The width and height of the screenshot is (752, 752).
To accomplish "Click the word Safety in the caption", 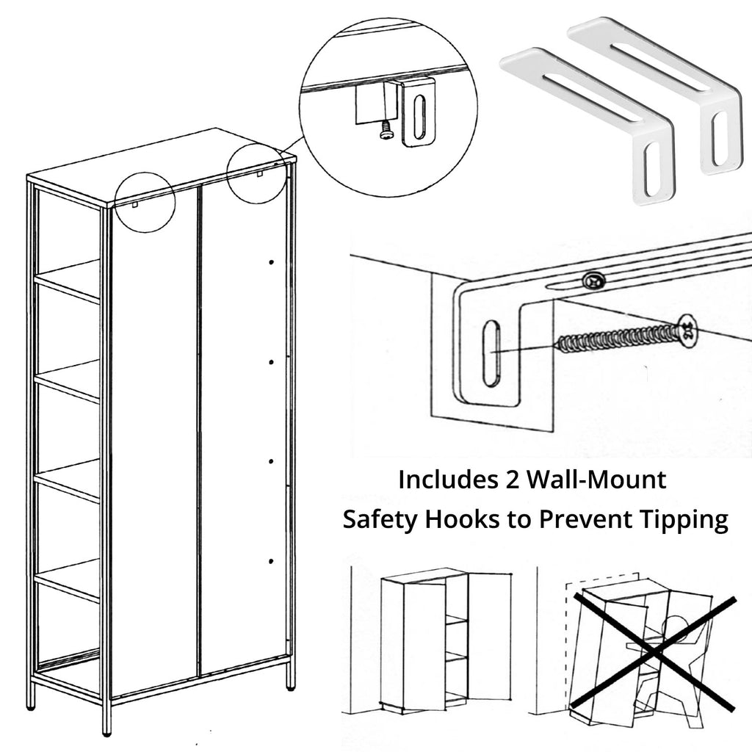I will [379, 520].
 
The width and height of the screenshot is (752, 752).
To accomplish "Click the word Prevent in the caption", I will [579, 520].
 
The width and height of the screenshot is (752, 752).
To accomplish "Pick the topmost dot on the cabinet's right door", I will [272, 262].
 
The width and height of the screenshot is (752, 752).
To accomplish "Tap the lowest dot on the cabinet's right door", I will [271, 561].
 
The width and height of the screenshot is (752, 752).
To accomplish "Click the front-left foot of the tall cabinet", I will [107, 728].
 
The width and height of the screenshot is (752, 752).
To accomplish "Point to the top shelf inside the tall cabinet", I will [68, 279].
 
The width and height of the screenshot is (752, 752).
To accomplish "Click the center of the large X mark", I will [654, 650].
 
